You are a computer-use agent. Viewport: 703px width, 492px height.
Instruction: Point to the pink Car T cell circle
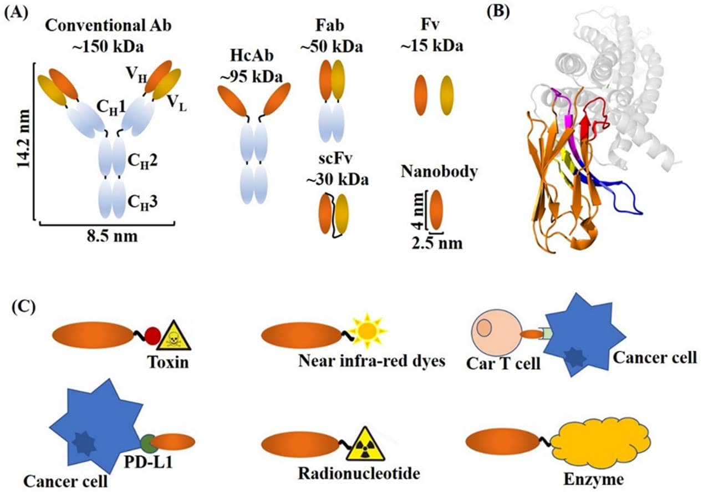click(x=494, y=333)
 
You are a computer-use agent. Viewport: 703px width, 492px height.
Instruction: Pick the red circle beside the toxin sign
click(x=153, y=336)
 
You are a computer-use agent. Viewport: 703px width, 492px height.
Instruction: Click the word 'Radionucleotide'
click(x=359, y=474)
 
